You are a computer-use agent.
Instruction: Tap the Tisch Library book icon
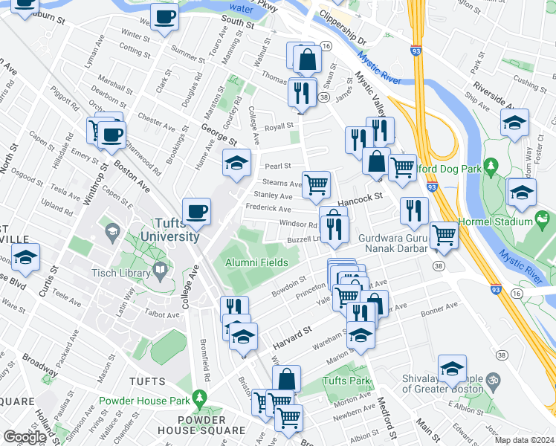[x=160, y=271]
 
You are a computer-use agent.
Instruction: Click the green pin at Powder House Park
[x=198, y=399]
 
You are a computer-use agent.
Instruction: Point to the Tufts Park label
[x=346, y=381]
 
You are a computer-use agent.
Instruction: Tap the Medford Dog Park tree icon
[x=490, y=164]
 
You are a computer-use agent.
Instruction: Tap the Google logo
[x=25, y=436]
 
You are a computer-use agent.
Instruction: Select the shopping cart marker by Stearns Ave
[x=317, y=184]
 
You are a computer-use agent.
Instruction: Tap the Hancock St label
[x=360, y=198]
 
